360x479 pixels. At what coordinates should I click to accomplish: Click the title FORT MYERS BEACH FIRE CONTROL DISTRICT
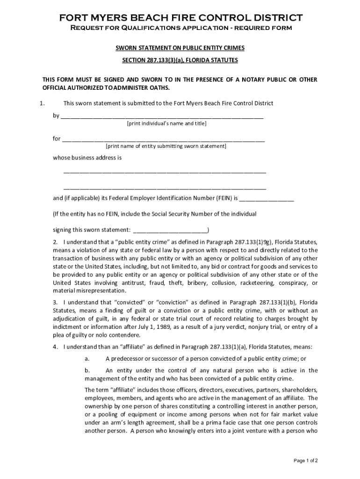180,18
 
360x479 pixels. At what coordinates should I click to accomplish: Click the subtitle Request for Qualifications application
180,28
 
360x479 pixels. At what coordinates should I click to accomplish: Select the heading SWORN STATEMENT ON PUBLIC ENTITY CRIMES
180,48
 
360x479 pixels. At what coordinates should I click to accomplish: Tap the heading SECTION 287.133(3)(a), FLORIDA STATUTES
180,60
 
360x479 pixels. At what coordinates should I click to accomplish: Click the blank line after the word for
163,139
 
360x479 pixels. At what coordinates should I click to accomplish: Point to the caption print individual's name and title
166,123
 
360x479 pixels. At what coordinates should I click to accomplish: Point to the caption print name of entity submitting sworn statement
166,146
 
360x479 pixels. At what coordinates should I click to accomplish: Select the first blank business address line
165,172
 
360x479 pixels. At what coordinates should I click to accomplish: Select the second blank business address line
165,188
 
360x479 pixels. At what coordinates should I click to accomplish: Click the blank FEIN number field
266,199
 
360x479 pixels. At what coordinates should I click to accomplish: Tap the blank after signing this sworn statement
171,230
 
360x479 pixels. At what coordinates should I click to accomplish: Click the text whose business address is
87,158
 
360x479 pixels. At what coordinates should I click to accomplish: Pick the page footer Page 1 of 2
306,461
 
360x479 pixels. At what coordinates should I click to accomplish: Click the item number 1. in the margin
42,103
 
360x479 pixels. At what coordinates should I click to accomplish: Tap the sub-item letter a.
87,359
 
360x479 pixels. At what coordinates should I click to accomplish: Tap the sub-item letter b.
87,370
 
